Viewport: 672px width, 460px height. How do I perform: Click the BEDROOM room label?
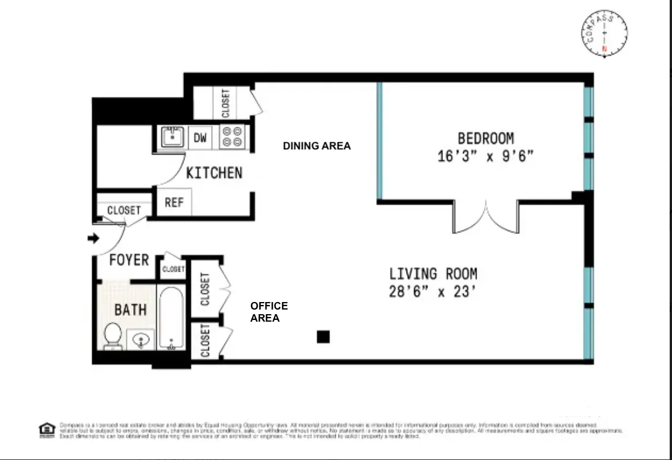click(485, 138)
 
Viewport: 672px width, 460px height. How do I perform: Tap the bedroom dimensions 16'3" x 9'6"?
click(485, 156)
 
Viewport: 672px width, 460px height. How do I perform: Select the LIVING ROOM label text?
click(433, 274)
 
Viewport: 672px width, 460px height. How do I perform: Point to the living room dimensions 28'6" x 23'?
click(433, 292)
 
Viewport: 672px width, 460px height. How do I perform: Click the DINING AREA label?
click(317, 146)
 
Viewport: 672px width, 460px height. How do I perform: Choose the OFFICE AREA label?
click(269, 312)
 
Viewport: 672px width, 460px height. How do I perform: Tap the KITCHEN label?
click(214, 173)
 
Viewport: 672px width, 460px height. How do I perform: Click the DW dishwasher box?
click(200, 138)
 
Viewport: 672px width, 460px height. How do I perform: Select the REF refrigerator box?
click(174, 203)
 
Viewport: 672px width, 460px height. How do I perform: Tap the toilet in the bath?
click(112, 335)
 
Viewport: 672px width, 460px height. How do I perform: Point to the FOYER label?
click(129, 261)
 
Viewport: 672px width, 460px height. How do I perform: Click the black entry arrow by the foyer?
click(92, 238)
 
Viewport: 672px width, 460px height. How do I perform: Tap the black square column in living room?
click(323, 337)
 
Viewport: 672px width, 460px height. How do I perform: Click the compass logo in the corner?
click(604, 34)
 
